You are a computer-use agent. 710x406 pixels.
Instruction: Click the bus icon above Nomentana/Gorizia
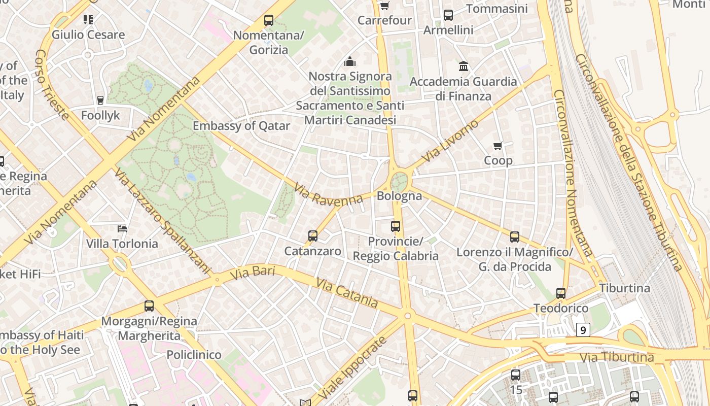[x=269, y=21]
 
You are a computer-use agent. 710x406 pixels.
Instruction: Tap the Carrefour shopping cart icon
[x=385, y=6]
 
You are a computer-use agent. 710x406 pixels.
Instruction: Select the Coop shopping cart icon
[x=498, y=146]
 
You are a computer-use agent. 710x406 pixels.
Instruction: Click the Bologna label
[x=399, y=196]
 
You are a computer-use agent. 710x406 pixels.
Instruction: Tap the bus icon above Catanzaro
[x=313, y=236]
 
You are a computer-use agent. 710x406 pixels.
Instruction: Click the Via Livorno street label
[x=450, y=141]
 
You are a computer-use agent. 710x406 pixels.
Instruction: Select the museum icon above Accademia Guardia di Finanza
[x=464, y=66]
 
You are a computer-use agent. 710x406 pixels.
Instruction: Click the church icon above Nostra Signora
[x=350, y=62]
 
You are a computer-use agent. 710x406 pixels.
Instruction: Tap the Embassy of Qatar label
[x=241, y=126]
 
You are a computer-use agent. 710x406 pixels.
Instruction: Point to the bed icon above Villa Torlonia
[x=122, y=229]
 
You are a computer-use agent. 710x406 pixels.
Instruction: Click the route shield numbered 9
[x=583, y=330]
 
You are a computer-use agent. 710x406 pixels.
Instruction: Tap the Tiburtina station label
[x=624, y=288]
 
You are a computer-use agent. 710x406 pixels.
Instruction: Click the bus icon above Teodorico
[x=560, y=293]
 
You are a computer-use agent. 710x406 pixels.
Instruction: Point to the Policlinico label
[x=194, y=355]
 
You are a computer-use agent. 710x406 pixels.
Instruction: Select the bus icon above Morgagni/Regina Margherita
[x=149, y=306]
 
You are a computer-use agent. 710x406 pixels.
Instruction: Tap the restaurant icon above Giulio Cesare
[x=88, y=20]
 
